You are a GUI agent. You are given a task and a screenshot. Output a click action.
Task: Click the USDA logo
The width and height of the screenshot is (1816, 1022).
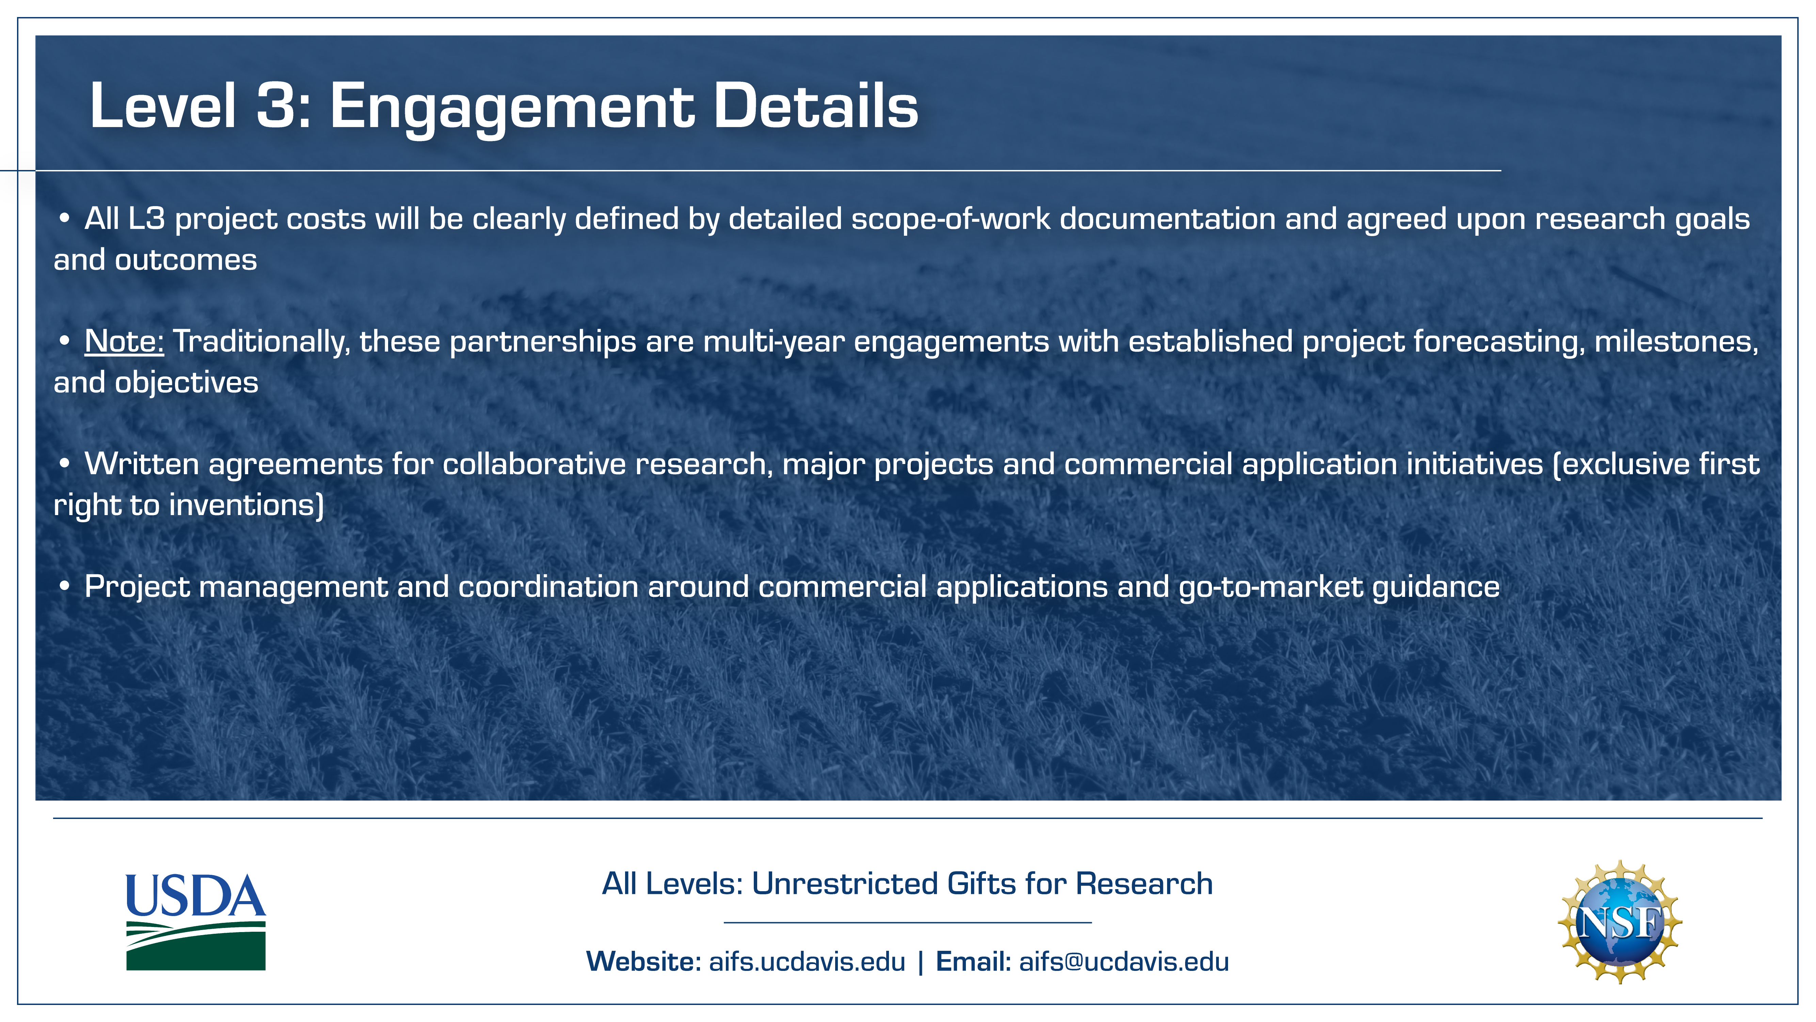(x=196, y=922)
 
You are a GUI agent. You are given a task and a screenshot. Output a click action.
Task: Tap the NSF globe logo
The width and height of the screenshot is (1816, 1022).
(x=1620, y=922)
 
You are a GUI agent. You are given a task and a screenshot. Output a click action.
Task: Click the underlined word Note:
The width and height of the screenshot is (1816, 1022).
(x=124, y=341)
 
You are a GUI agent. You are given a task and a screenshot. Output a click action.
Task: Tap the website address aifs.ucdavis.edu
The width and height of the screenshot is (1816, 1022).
(x=807, y=961)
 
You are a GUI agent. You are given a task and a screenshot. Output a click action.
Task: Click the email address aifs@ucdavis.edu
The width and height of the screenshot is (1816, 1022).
(x=1124, y=961)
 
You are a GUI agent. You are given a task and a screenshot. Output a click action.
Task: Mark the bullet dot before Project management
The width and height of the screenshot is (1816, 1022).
(x=64, y=586)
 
